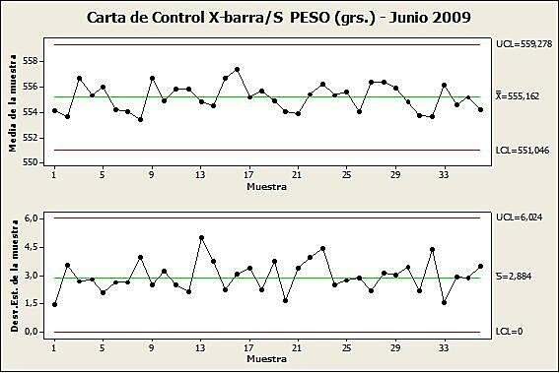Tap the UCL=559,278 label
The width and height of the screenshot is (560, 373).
(x=525, y=44)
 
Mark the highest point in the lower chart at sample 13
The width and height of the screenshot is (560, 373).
(x=201, y=237)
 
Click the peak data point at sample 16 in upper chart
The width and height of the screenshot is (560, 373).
(x=238, y=69)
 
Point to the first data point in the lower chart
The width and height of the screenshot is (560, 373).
(x=55, y=304)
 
